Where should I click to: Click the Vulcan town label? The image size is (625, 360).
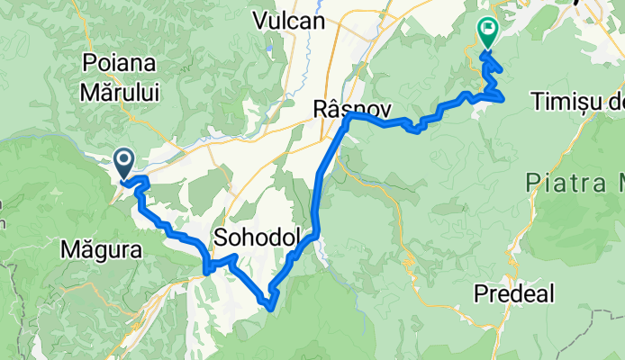click(x=288, y=21)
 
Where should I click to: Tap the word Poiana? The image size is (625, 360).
click(x=119, y=63)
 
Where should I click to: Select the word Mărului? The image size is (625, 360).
click(x=119, y=91)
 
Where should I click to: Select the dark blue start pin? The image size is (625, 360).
click(x=123, y=163)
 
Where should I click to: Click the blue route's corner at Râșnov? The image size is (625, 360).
click(x=349, y=115)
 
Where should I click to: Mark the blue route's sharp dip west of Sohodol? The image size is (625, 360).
click(x=207, y=267)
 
